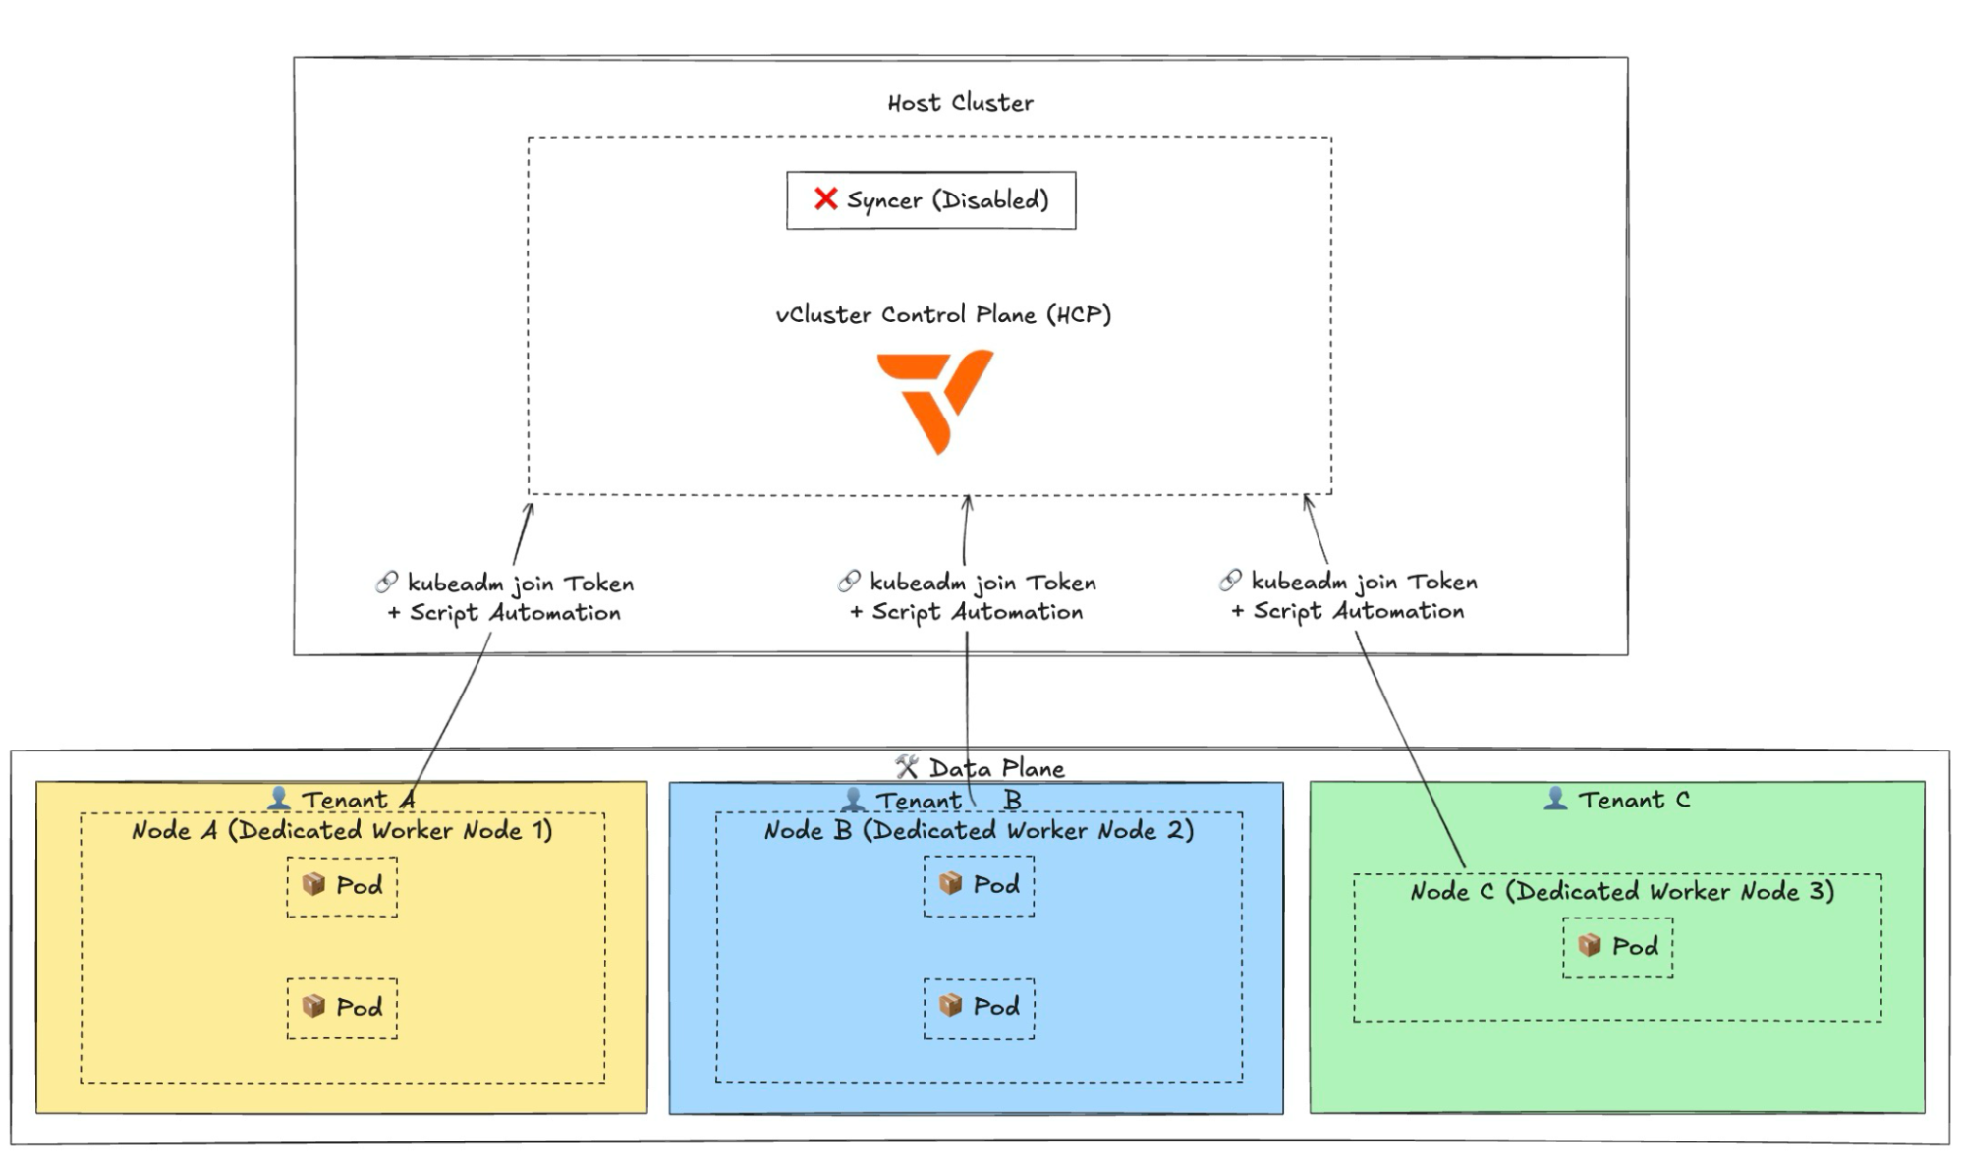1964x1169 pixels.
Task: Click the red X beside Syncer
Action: [x=825, y=199]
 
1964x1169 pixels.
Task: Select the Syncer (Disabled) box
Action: [x=930, y=200]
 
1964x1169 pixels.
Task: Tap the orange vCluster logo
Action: [x=934, y=403]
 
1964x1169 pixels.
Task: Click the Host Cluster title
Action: [x=960, y=103]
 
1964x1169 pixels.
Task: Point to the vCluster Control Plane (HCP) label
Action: [x=943, y=314]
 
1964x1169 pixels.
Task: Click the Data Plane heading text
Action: [x=996, y=768]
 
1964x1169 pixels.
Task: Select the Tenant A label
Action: [x=358, y=800]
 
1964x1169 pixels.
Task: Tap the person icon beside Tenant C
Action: [x=1555, y=798]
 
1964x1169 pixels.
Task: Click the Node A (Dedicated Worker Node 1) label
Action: [x=342, y=831]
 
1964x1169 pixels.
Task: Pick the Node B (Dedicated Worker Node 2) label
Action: [x=979, y=831]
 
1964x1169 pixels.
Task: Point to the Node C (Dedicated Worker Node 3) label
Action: [x=1622, y=892]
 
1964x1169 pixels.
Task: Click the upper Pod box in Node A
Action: [x=342, y=886]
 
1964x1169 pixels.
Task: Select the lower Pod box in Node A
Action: [x=342, y=1008]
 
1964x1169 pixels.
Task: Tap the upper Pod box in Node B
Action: [x=979, y=885]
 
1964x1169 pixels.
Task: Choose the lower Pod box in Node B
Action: [x=979, y=1008]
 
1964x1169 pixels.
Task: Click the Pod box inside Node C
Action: [x=1617, y=947]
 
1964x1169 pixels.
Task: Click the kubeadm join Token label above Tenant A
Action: [x=521, y=584]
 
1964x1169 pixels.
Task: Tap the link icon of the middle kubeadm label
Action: [x=849, y=582]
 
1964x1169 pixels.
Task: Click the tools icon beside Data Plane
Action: [x=907, y=766]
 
